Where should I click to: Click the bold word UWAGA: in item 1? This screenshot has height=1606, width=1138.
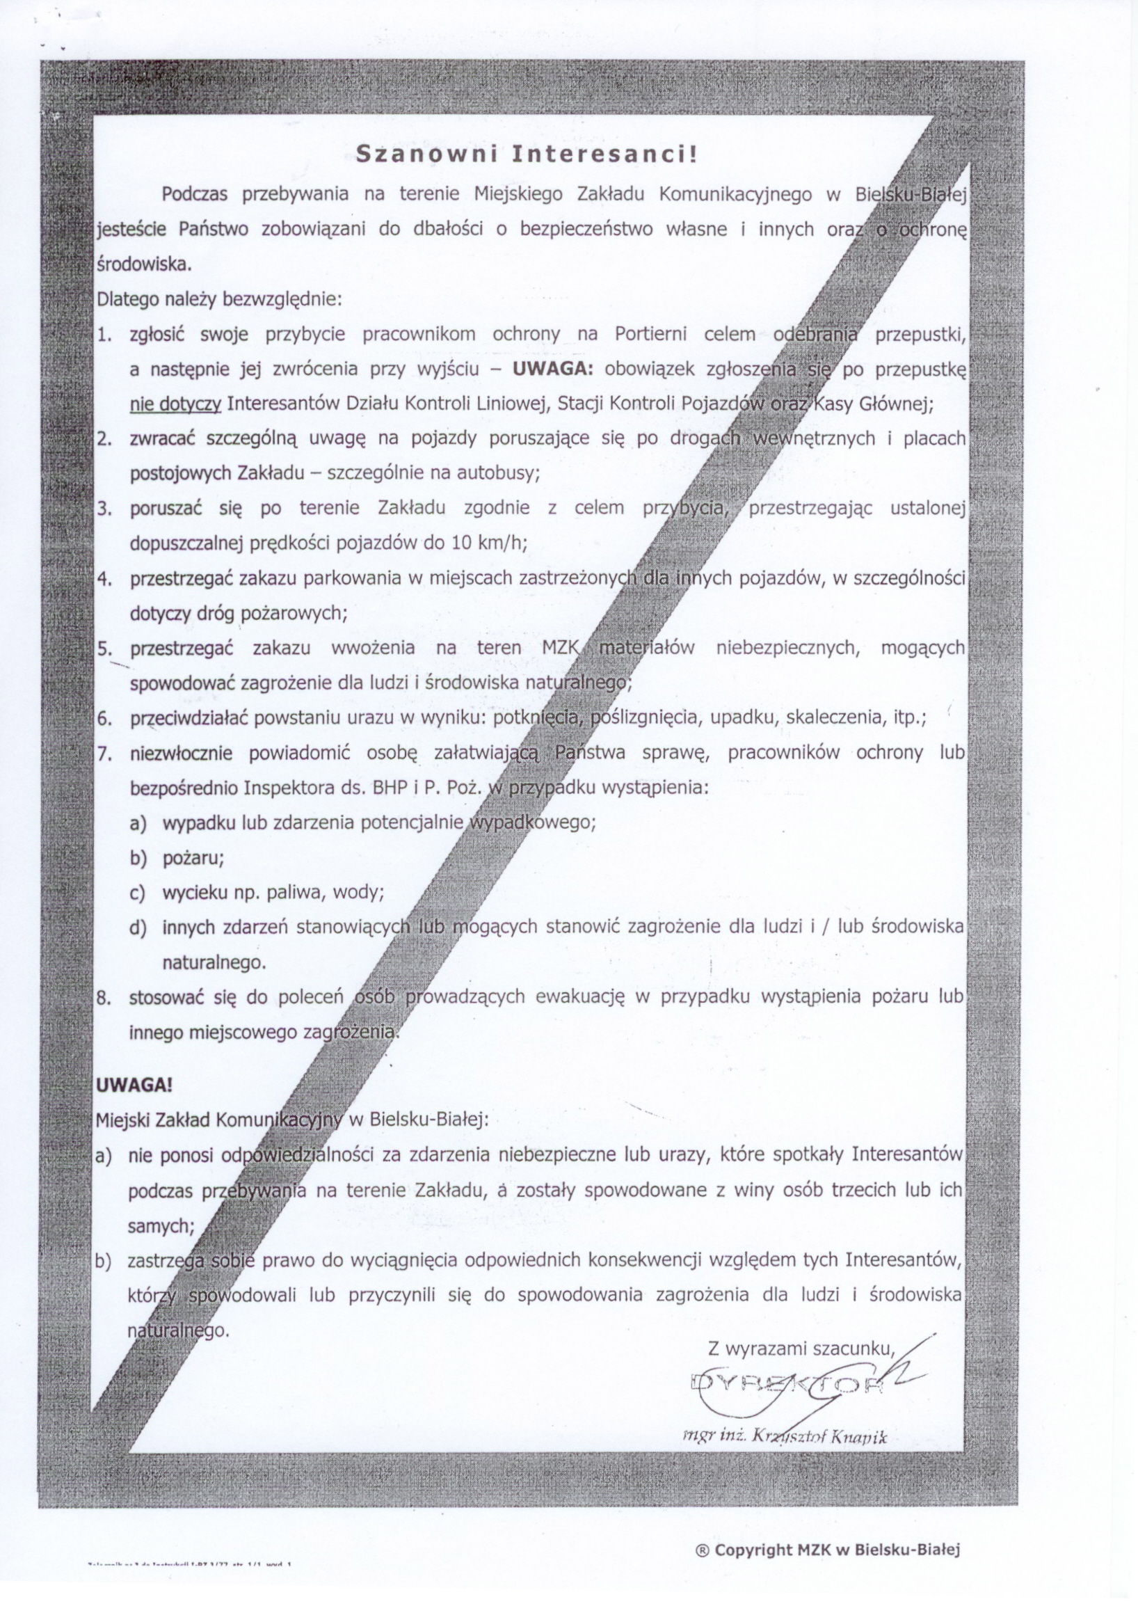coord(552,369)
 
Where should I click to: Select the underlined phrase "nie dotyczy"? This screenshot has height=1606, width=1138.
coord(176,404)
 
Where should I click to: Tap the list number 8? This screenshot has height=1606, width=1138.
coord(104,998)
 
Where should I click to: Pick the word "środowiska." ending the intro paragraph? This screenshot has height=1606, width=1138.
coord(143,266)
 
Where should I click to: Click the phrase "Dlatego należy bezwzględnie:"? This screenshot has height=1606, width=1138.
coord(218,300)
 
